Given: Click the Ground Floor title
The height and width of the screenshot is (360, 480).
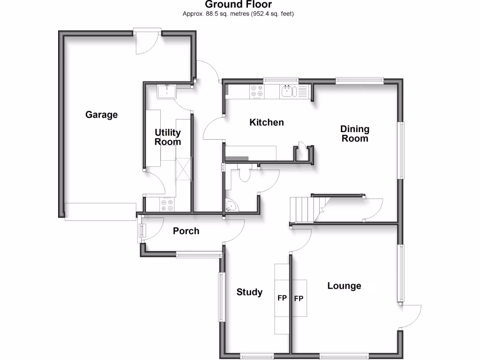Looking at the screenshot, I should click(x=238, y=5).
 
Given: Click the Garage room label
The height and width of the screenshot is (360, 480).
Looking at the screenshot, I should click(x=101, y=115).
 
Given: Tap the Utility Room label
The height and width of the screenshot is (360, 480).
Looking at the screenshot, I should click(x=167, y=137).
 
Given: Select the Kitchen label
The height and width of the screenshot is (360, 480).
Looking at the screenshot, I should click(x=266, y=122).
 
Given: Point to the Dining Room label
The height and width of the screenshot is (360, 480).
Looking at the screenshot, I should click(x=354, y=134).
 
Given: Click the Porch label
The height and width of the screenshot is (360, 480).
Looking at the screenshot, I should click(x=186, y=231).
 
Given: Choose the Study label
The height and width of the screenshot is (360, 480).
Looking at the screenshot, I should click(x=249, y=292).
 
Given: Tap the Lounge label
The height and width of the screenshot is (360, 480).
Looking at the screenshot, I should click(x=344, y=286).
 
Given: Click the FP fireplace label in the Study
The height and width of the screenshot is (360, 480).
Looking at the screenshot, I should click(x=282, y=298).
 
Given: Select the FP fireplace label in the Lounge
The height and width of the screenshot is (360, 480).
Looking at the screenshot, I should click(x=298, y=298).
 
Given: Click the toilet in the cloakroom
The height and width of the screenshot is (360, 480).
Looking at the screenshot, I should click(x=244, y=174).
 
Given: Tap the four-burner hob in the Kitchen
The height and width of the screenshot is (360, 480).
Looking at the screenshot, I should click(x=256, y=90).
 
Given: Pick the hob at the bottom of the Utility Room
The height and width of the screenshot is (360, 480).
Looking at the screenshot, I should click(x=167, y=204).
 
